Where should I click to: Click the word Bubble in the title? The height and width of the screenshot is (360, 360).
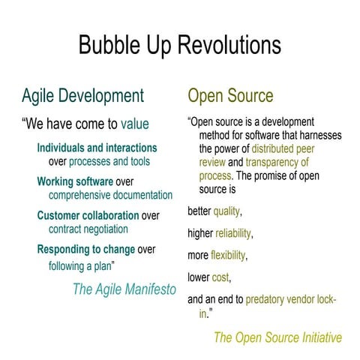111,45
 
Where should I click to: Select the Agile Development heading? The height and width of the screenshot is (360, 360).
82,96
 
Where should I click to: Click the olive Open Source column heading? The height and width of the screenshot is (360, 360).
230,96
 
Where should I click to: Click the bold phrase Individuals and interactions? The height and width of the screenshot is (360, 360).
97,148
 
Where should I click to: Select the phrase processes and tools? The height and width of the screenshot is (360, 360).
109,160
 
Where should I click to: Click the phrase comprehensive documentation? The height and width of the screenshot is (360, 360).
110,195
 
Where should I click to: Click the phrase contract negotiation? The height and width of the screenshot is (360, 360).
88,229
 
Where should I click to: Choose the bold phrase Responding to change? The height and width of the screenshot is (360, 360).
86,250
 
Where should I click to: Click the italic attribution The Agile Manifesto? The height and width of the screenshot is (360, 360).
124,289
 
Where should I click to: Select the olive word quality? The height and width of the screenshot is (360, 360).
226,211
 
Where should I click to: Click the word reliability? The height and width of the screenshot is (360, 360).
232,233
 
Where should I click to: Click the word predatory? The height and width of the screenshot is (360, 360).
268,299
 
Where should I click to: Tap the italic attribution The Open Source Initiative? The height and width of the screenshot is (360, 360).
277,337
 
